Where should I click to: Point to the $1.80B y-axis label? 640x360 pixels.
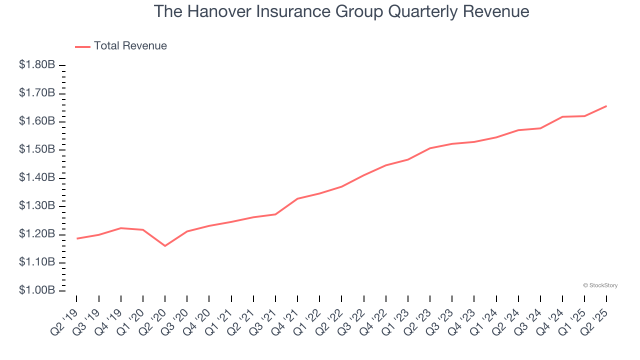[x=37, y=65]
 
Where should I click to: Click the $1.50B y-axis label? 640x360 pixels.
[x=37, y=149]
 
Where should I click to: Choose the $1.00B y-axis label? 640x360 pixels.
[x=37, y=290]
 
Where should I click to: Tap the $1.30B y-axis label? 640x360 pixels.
[x=37, y=206]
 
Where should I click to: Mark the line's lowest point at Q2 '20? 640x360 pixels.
[x=165, y=246]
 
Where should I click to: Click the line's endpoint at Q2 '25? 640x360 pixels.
[x=606, y=106]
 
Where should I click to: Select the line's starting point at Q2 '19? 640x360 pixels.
[x=77, y=238]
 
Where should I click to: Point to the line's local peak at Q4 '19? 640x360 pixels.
[x=121, y=228]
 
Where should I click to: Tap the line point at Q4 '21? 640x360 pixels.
[x=297, y=199]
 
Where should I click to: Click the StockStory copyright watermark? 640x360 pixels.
[x=600, y=285]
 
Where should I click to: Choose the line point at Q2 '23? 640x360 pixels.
[x=430, y=148]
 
